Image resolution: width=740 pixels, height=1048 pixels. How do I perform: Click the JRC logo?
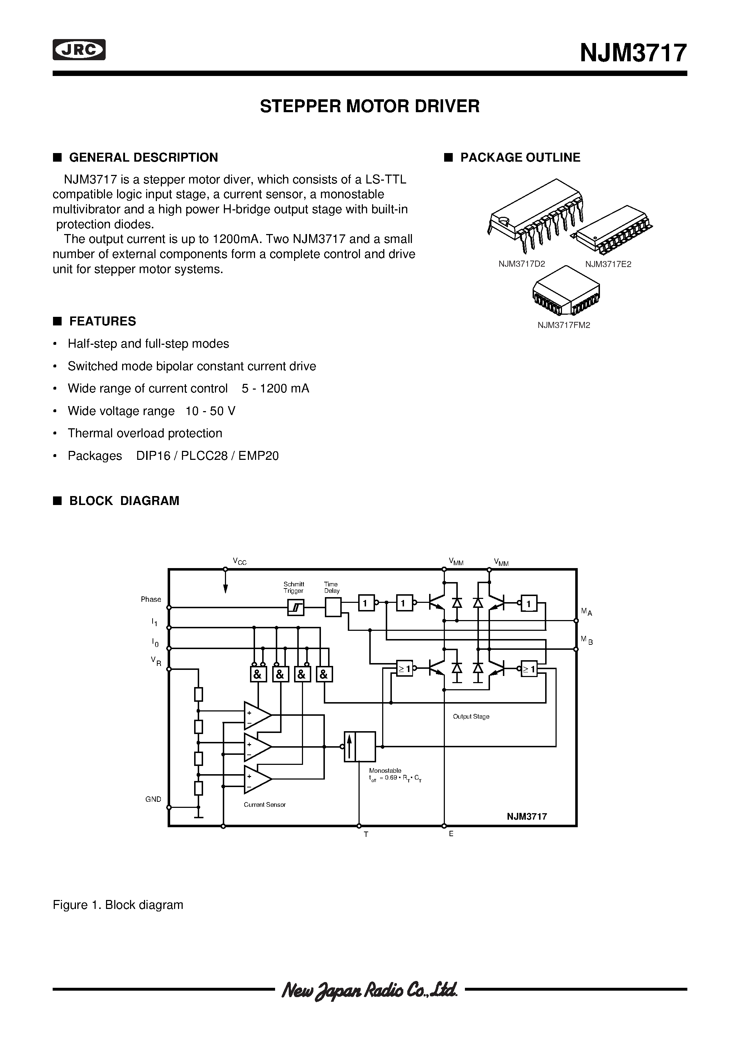79,50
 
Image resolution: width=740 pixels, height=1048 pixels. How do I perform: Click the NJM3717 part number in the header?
633,53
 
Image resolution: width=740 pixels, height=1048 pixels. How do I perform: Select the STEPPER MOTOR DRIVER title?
370,106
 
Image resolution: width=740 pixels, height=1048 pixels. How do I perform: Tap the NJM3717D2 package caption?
522,264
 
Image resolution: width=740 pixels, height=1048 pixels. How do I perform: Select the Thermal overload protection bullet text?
145,433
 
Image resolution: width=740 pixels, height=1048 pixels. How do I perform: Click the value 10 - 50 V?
210,411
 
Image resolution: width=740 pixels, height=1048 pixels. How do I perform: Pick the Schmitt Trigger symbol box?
295,608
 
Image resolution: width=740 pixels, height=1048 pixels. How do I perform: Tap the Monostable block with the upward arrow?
360,746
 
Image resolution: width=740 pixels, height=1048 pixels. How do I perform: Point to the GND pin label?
153,799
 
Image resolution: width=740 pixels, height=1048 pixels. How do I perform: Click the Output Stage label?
471,716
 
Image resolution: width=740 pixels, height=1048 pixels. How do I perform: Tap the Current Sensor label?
265,805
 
